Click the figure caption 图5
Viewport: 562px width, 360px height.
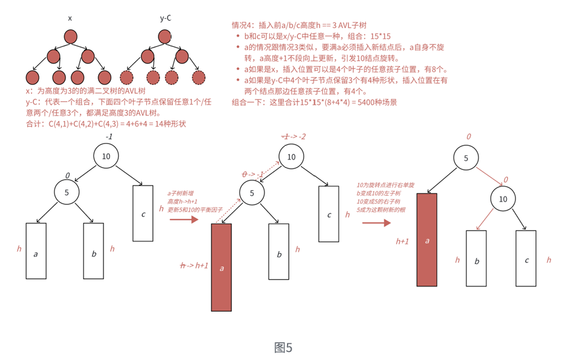click(x=284, y=347)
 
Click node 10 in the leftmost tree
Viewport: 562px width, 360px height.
click(x=106, y=156)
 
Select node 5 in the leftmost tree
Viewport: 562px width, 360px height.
click(x=67, y=192)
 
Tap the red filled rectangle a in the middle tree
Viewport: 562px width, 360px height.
click(x=222, y=267)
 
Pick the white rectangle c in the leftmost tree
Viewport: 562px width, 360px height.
click(x=143, y=213)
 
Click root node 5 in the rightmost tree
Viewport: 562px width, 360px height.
click(x=466, y=157)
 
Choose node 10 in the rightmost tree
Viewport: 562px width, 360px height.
click(x=503, y=199)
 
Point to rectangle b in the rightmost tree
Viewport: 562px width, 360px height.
click(x=476, y=258)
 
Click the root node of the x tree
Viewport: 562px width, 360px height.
click(x=70, y=37)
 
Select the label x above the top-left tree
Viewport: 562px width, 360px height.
click(x=70, y=18)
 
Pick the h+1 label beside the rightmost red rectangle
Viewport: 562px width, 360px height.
click(x=402, y=242)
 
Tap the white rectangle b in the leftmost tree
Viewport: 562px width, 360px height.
click(x=94, y=251)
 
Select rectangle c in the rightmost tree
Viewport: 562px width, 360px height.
click(x=526, y=258)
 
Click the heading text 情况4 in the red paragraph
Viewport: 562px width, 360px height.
click(x=243, y=25)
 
